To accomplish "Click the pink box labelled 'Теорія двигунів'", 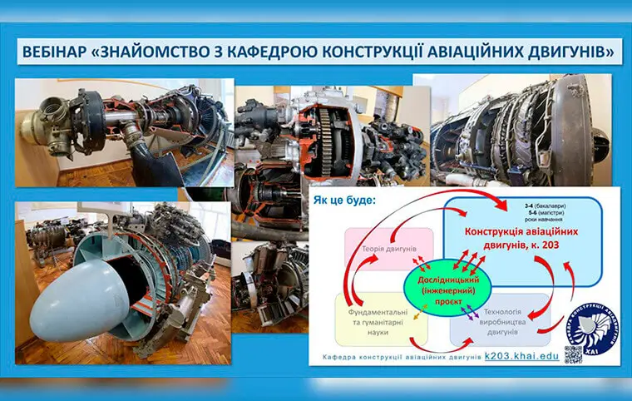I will point(388,248).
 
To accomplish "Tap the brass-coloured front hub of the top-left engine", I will point(37,123).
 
